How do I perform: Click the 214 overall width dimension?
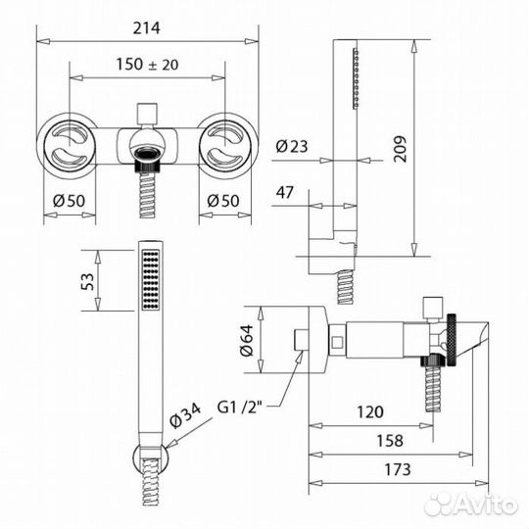147,26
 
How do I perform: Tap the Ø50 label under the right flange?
224,203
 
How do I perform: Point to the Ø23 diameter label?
293,147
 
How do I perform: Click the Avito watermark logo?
471,504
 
